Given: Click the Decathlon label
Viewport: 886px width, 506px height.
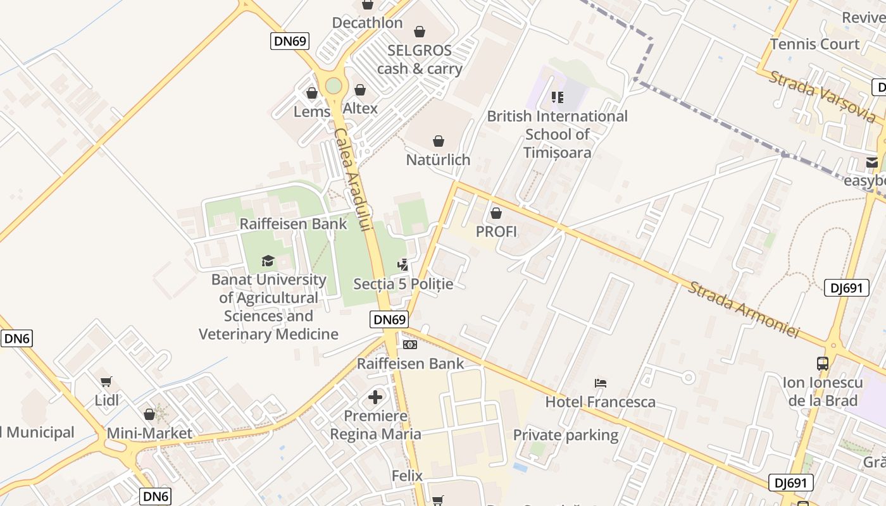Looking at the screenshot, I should pyautogui.click(x=367, y=23).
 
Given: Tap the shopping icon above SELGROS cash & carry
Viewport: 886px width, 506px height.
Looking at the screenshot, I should pyautogui.click(x=420, y=32).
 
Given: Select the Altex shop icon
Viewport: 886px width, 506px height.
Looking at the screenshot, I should pyautogui.click(x=360, y=90).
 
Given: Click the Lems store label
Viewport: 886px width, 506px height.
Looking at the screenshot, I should pyautogui.click(x=311, y=111).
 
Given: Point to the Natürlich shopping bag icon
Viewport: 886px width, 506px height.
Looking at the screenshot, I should pyautogui.click(x=438, y=141).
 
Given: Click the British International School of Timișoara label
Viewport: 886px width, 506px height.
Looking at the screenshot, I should pyautogui.click(x=557, y=134).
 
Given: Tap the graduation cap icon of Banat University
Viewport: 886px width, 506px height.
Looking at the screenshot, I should pyautogui.click(x=268, y=261).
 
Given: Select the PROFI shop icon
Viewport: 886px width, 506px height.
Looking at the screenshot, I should pyautogui.click(x=496, y=214).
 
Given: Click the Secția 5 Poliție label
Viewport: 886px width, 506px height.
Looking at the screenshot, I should pyautogui.click(x=403, y=284).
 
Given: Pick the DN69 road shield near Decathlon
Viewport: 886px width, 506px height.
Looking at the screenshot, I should pyautogui.click(x=290, y=41).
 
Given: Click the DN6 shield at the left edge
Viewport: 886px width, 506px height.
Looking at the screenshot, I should pyautogui.click(x=16, y=338).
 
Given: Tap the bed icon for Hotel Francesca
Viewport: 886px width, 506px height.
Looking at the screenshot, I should pyautogui.click(x=601, y=383).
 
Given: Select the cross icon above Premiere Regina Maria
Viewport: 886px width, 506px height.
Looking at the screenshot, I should pyautogui.click(x=375, y=397).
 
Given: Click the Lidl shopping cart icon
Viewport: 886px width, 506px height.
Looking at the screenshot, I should pyautogui.click(x=106, y=381).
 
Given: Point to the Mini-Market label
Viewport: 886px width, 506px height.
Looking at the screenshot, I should pyautogui.click(x=149, y=433).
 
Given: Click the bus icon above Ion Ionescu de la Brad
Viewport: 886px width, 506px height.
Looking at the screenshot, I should pyautogui.click(x=823, y=364).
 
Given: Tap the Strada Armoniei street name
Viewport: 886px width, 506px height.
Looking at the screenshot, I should pyautogui.click(x=744, y=309).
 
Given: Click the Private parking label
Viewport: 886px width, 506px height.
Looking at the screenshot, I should pyautogui.click(x=565, y=435).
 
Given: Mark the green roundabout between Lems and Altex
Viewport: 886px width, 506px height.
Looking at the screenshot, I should pyautogui.click(x=334, y=85).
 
